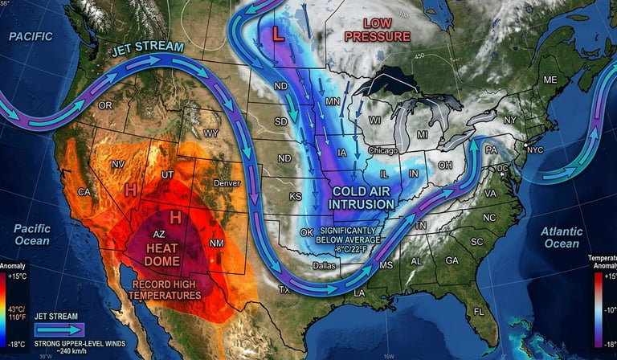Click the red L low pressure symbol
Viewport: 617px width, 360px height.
click(x=277, y=35)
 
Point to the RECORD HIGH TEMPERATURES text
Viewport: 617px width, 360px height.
click(x=168, y=289)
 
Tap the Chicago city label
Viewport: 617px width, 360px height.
click(x=383, y=150)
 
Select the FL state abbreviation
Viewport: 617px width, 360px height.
click(x=479, y=310)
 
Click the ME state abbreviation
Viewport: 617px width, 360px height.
click(x=550, y=80)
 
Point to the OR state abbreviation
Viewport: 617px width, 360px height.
click(x=105, y=105)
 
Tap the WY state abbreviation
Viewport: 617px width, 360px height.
click(x=210, y=133)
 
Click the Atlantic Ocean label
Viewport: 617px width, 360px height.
click(x=562, y=237)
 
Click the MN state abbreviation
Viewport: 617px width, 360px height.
click(x=333, y=101)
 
